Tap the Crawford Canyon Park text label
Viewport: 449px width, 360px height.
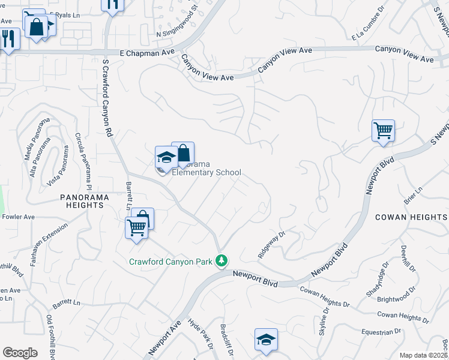pos(172,261)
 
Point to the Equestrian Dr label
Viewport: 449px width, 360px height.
pos(381,331)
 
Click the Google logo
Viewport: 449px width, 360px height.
pos(19,353)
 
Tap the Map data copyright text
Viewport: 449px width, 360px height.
pos(423,355)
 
